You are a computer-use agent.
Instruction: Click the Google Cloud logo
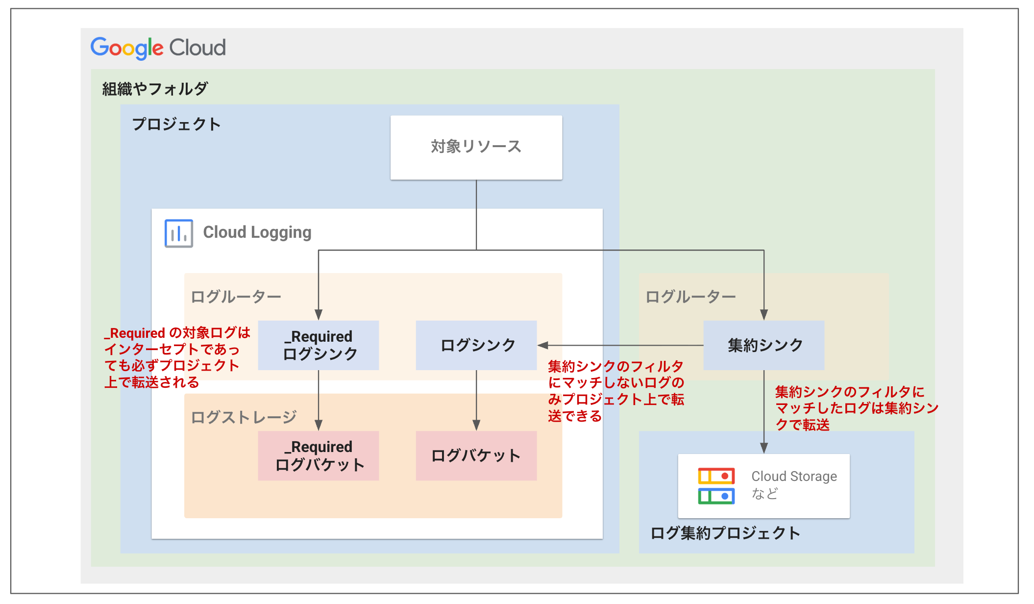click(158, 48)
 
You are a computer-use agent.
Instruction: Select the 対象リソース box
click(476, 147)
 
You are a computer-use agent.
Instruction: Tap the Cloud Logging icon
click(178, 233)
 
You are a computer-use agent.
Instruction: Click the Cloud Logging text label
click(257, 232)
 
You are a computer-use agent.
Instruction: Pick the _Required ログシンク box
click(319, 345)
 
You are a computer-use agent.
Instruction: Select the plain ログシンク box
click(476, 345)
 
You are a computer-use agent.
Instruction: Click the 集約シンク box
click(763, 345)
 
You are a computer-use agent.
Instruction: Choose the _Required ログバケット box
click(319, 455)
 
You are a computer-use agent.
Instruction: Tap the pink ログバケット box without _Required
click(476, 455)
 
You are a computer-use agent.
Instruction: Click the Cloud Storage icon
click(716, 485)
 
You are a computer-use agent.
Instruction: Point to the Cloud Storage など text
click(793, 484)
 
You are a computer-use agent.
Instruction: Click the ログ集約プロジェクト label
click(725, 533)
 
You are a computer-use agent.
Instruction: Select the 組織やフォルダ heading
click(155, 89)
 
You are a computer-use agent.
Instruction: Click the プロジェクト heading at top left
click(176, 124)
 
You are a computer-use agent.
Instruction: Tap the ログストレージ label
click(244, 417)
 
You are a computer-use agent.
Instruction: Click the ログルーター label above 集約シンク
click(690, 297)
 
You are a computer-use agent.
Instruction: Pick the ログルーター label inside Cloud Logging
click(236, 297)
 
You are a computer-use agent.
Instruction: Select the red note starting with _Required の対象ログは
click(176, 357)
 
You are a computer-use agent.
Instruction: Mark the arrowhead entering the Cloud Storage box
click(763, 448)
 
